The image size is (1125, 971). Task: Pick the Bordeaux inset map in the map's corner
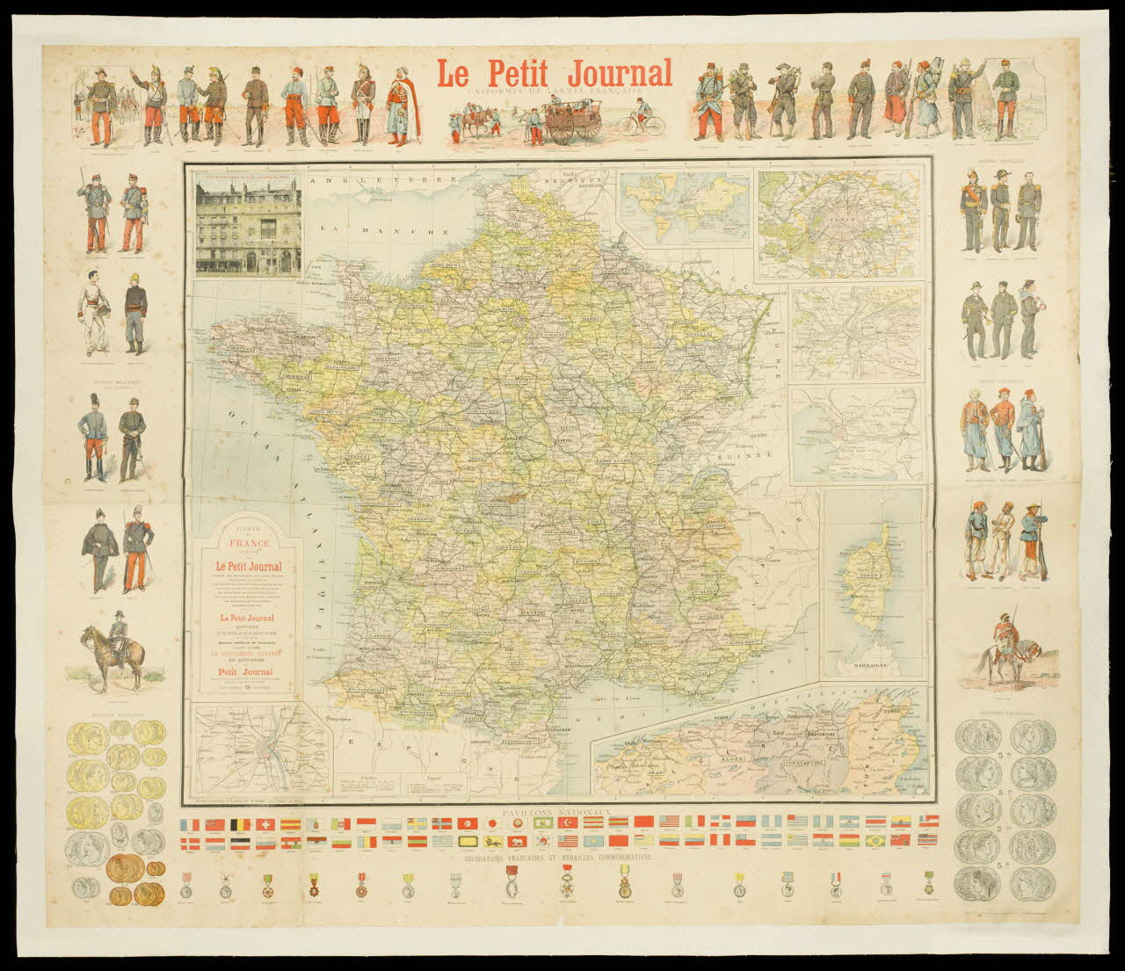260,747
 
